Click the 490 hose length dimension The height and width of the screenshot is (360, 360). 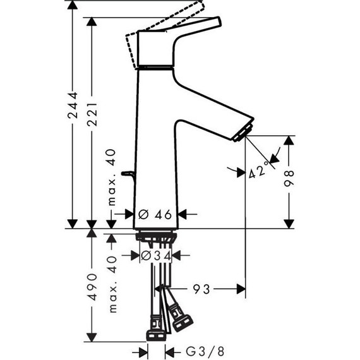coord(93,288)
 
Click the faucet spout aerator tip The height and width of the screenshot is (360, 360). coord(242,131)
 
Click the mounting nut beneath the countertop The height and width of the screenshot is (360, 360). coord(156,237)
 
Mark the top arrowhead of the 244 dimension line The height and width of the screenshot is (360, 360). coord(74,7)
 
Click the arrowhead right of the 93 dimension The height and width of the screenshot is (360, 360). coord(241,289)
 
